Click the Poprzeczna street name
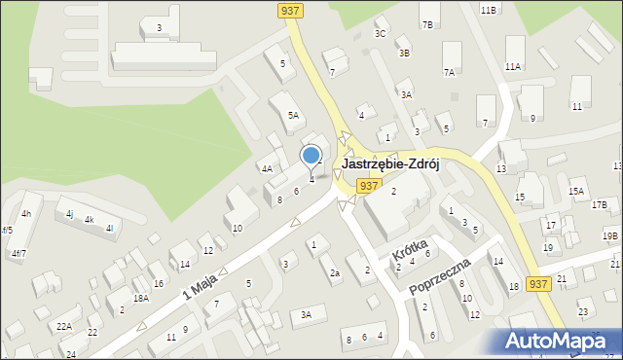441,276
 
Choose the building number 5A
292,115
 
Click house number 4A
266,168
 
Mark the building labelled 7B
427,24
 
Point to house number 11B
488,10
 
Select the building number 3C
381,34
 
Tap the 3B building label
404,54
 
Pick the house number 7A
449,72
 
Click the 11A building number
513,66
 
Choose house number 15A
576,192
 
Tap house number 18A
141,299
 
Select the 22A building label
64,326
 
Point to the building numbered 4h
26,213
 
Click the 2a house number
334,273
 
